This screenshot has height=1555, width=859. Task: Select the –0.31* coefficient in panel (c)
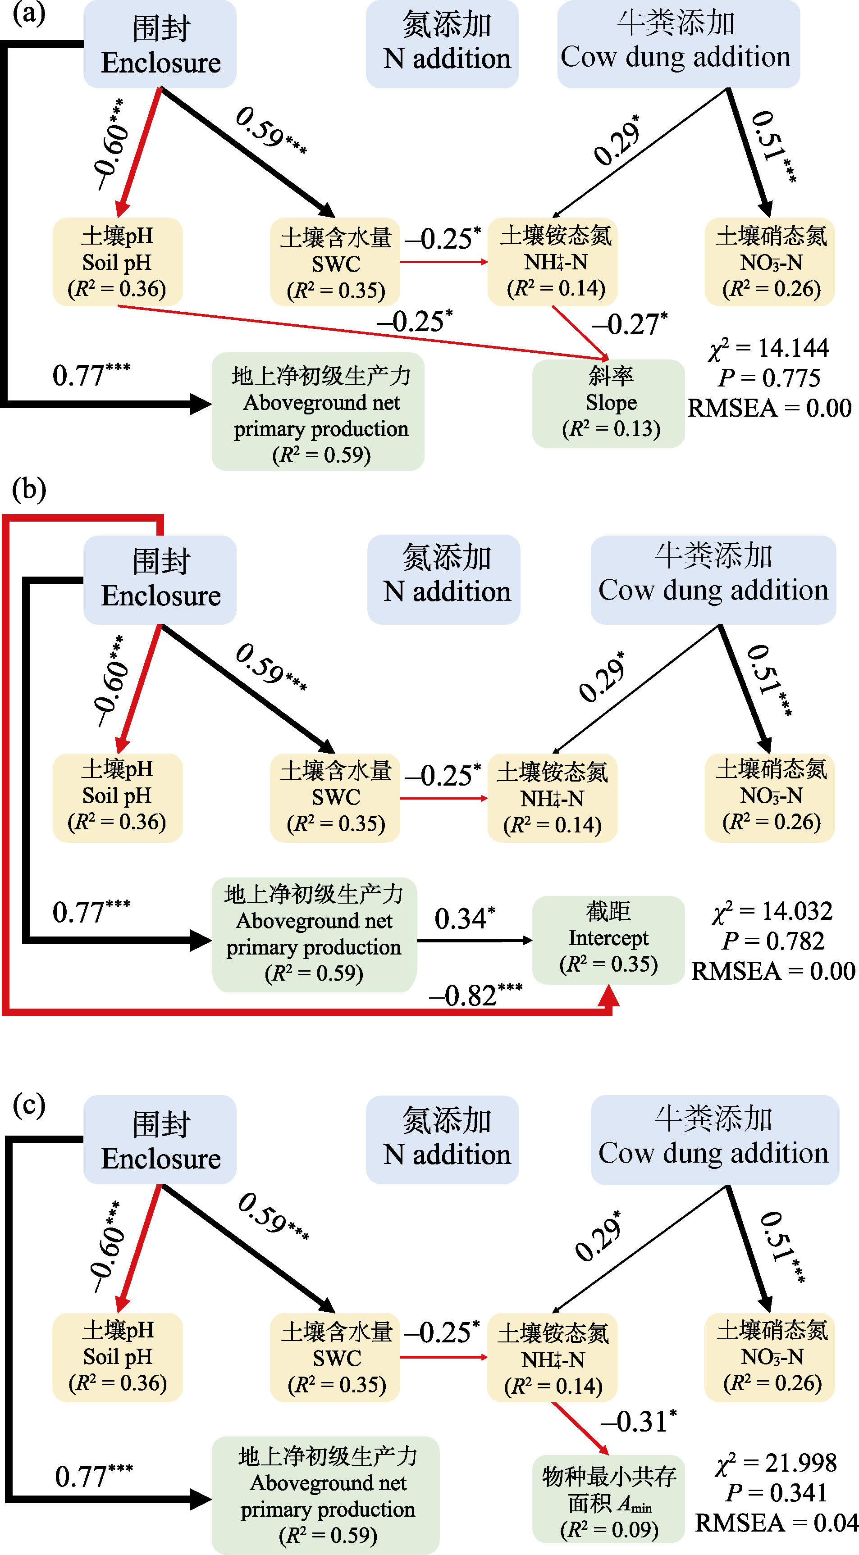(x=638, y=1422)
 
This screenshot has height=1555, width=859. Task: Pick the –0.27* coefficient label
(x=629, y=324)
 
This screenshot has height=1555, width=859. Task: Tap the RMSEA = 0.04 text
(x=776, y=1523)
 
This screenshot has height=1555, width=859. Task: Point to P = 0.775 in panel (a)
(x=769, y=378)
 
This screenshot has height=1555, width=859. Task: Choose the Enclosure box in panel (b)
(x=160, y=579)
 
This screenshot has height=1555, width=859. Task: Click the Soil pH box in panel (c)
(x=117, y=1356)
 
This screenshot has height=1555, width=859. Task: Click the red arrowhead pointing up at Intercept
(x=608, y=996)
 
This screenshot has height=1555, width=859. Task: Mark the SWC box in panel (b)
(x=335, y=797)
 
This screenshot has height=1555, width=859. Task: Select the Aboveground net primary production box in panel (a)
(x=318, y=412)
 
